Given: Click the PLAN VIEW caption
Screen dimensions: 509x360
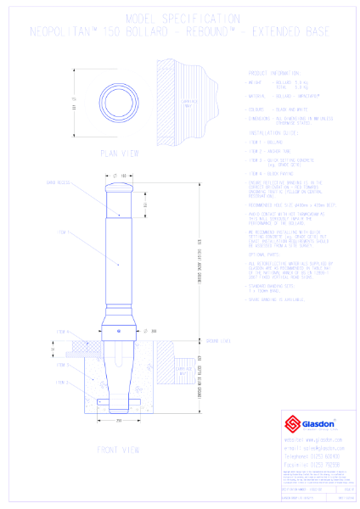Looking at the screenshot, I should (119, 153).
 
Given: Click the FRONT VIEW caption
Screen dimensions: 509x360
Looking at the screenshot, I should (119, 449).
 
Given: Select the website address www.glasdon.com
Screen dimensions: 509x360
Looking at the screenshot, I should (307, 440).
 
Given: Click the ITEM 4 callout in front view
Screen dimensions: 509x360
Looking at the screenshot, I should (62, 331).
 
